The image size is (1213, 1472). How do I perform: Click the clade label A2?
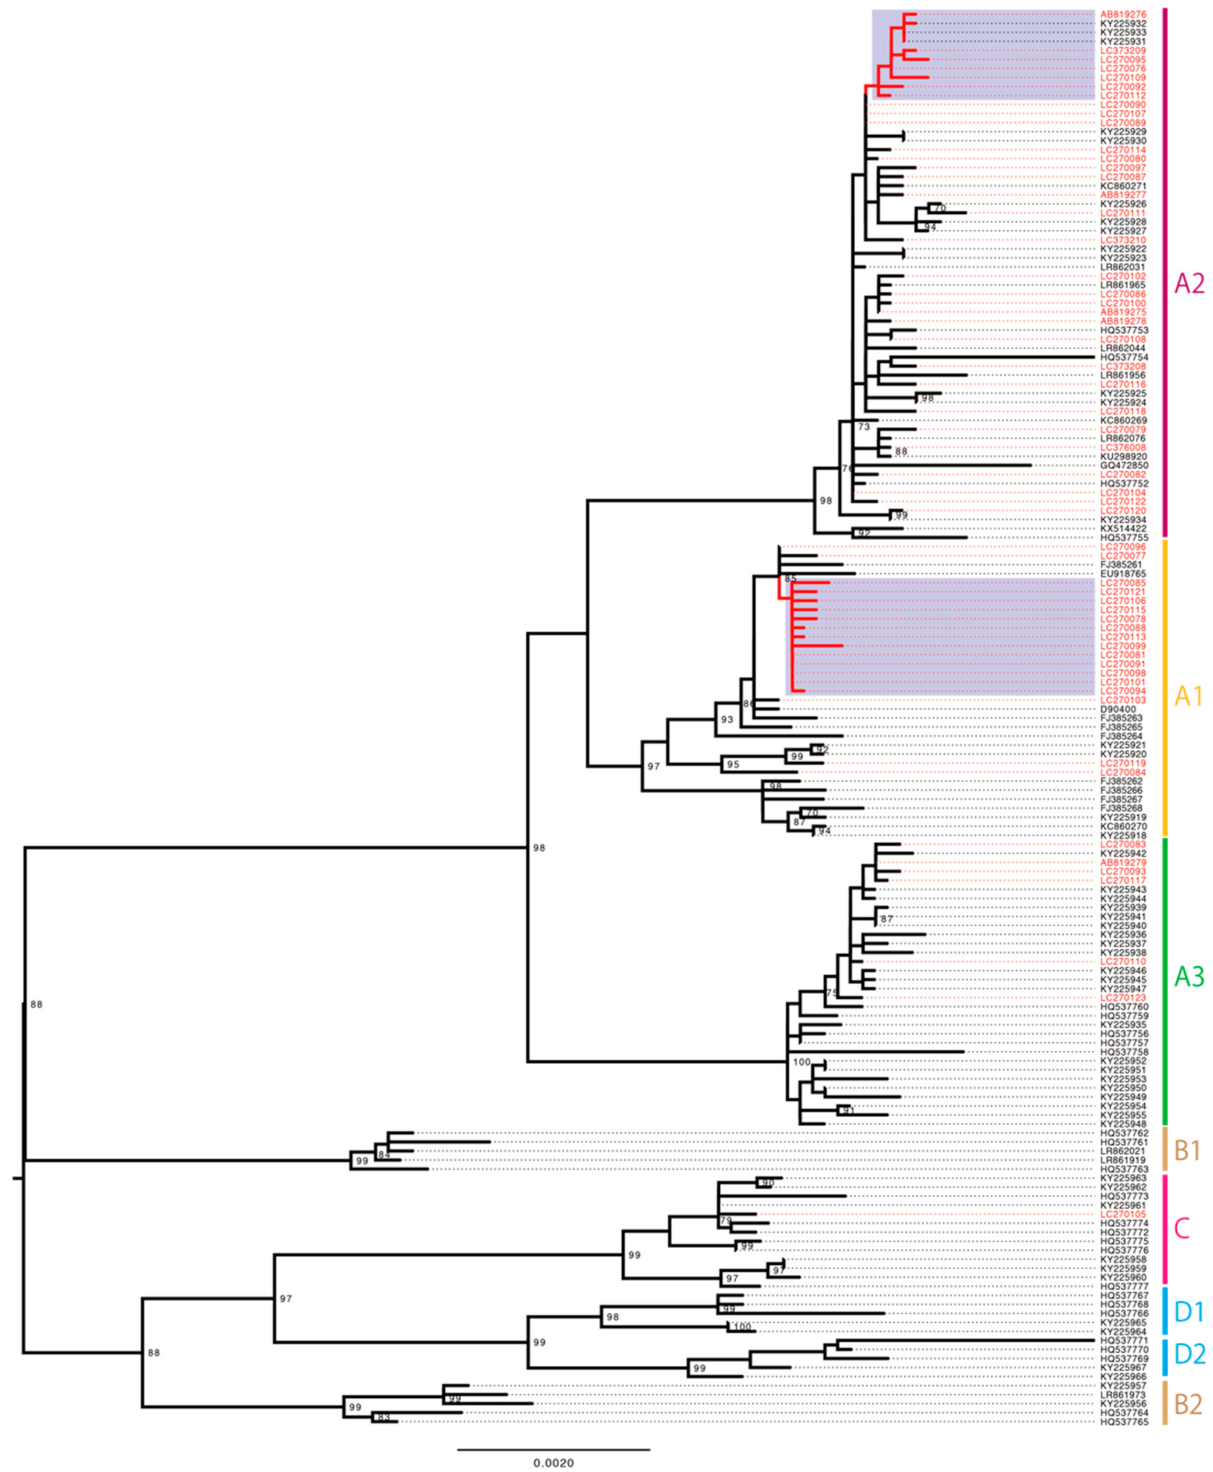tap(1189, 284)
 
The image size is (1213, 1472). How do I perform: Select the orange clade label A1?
tap(1188, 696)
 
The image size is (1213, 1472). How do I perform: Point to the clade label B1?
tap(1187, 1151)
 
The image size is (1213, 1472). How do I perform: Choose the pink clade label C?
tap(1181, 1228)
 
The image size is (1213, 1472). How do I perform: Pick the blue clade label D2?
tap(1189, 1374)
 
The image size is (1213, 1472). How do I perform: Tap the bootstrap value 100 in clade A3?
tap(801, 1063)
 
